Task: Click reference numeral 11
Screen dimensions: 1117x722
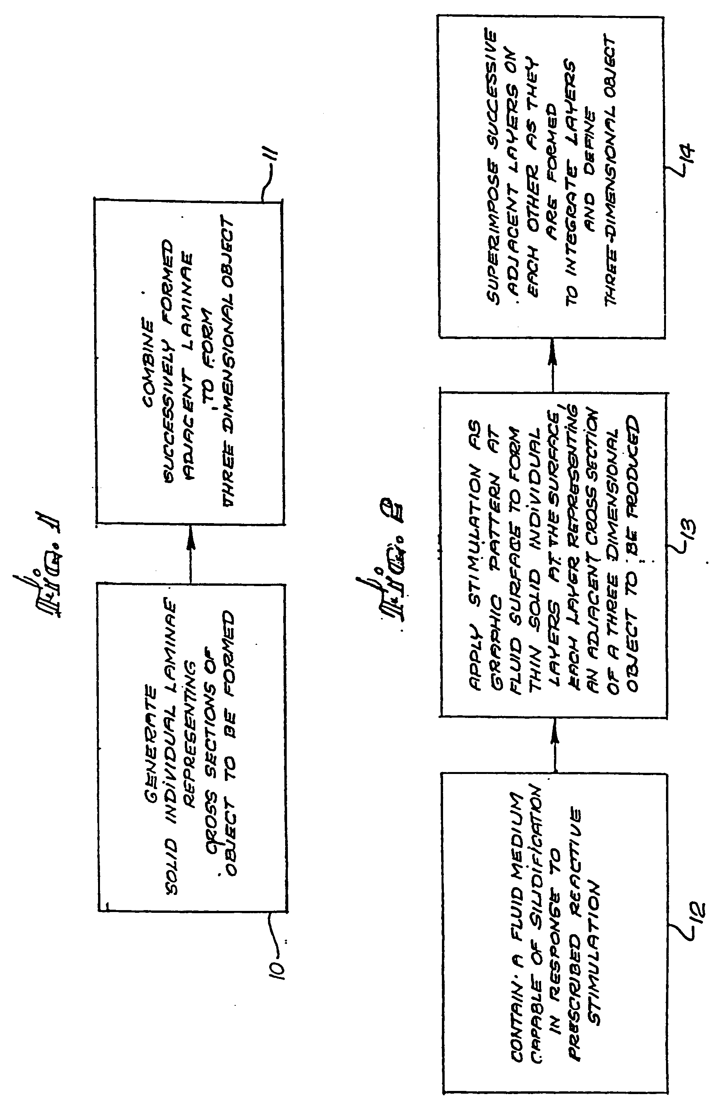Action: point(274,162)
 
